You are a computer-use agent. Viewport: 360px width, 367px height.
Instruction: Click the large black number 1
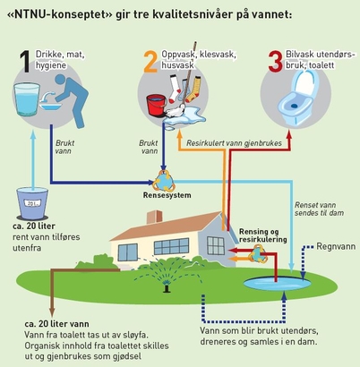click(x=25, y=62)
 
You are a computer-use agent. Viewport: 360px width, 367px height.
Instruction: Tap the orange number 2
click(x=150, y=62)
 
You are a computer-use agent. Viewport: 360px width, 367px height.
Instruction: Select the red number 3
click(x=275, y=62)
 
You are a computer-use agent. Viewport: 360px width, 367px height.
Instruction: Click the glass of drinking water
click(x=27, y=99)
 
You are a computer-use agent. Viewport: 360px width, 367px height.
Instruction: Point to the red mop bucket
click(x=156, y=105)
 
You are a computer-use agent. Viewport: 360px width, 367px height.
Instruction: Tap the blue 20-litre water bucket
click(x=32, y=203)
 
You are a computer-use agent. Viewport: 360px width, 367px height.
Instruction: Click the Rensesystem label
click(x=167, y=195)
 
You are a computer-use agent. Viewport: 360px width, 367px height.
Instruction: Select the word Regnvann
click(x=336, y=247)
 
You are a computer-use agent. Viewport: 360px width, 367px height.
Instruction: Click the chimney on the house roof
click(x=154, y=217)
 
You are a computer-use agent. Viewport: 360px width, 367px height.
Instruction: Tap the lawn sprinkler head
click(x=167, y=287)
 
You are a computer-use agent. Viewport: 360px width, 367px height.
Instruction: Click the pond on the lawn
click(x=278, y=284)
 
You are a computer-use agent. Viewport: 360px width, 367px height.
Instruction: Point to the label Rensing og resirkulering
click(x=263, y=235)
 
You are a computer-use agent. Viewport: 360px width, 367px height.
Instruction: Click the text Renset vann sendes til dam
click(x=319, y=209)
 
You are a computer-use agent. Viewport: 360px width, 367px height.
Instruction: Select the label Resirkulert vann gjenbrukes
click(x=234, y=143)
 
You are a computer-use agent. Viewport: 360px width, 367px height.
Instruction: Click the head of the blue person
click(x=61, y=80)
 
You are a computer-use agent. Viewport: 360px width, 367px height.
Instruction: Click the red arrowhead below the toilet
click(x=288, y=134)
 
